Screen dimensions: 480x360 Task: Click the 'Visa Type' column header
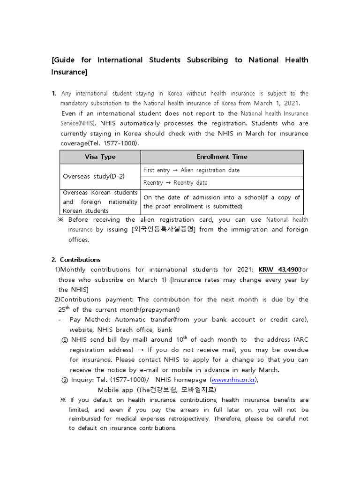click(x=100, y=157)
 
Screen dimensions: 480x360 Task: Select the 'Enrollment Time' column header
click(x=222, y=157)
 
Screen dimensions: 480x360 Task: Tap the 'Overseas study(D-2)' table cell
click(x=94, y=177)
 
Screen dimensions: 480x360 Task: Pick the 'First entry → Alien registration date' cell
click(x=191, y=170)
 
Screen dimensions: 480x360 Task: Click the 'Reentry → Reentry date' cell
click(x=175, y=183)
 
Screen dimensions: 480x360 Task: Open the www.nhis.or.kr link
click(x=233, y=380)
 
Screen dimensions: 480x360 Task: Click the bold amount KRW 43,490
click(x=278, y=270)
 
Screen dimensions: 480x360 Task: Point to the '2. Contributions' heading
click(x=76, y=260)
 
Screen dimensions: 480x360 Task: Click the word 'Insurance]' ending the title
click(x=69, y=72)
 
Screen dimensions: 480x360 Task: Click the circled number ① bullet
click(x=65, y=340)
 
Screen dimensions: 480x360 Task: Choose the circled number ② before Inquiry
click(x=65, y=380)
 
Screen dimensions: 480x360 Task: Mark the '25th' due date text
click(x=64, y=309)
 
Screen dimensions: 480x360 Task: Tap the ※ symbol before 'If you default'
click(x=63, y=400)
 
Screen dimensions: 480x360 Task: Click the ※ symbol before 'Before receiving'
click(x=60, y=220)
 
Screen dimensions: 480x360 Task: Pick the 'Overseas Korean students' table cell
click(x=100, y=202)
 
